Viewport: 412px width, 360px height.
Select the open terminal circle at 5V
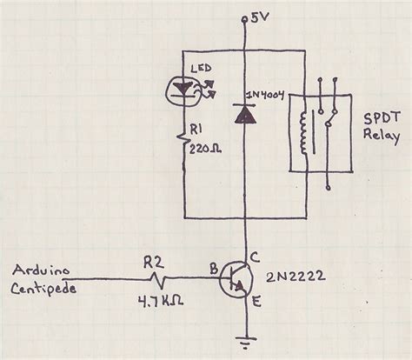[x=247, y=19]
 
